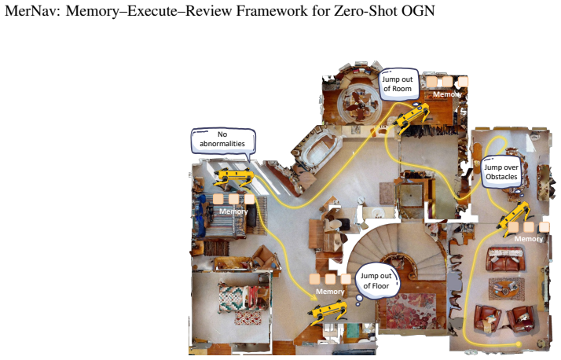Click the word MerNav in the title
click(x=33, y=11)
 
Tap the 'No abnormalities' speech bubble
click(x=223, y=141)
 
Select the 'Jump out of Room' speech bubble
click(x=398, y=85)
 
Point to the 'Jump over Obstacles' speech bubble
click(x=501, y=172)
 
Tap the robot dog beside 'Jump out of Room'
click(x=412, y=117)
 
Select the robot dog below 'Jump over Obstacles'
click(x=514, y=219)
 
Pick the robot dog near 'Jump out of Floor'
click(x=328, y=312)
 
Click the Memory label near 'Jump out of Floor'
click(x=330, y=292)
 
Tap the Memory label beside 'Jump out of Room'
click(x=447, y=94)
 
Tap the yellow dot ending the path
click(x=518, y=344)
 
